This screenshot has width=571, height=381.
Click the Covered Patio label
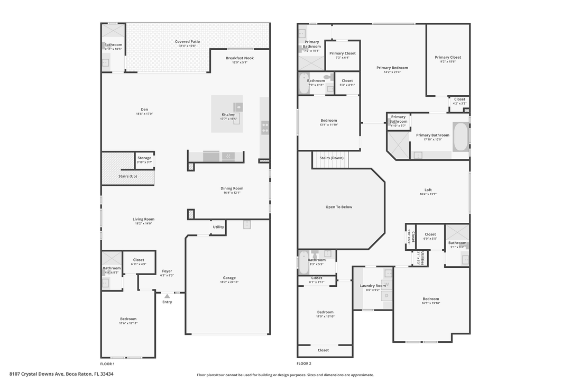tap(188, 42)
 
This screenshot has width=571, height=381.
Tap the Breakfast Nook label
tap(240, 58)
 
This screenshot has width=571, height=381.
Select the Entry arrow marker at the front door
tap(167, 297)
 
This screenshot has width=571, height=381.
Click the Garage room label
tap(229, 278)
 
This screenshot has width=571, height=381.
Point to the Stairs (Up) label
tap(127, 176)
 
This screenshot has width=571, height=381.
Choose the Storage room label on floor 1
tap(144, 158)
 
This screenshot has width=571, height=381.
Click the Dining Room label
tap(232, 188)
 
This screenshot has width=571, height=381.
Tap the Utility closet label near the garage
tap(218, 227)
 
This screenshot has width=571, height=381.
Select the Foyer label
tap(167, 271)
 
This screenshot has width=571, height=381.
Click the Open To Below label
tap(339, 207)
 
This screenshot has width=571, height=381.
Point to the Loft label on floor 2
tap(428, 190)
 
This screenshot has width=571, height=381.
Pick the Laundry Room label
tap(373, 286)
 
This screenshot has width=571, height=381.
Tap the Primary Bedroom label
tap(392, 68)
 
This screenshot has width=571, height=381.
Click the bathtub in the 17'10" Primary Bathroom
tap(461, 137)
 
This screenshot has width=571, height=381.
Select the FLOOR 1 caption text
tap(107, 364)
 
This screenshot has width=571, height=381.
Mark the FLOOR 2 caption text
tap(304, 364)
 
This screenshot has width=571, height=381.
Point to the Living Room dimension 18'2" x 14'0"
tap(143, 223)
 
